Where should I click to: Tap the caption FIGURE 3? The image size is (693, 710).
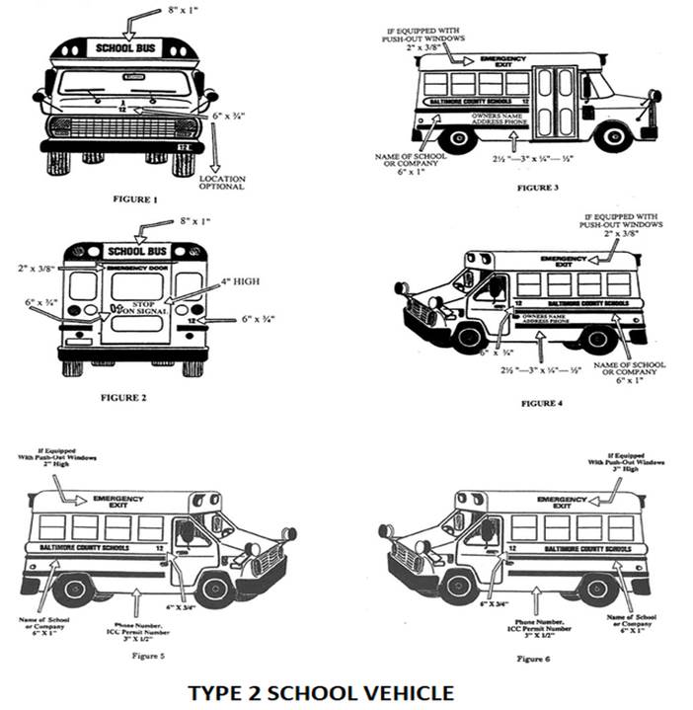coord(536,187)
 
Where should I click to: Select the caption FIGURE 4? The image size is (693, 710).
coord(541,403)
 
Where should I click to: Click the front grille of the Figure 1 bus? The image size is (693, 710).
coord(123,127)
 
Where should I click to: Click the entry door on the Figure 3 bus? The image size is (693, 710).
coord(557,102)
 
